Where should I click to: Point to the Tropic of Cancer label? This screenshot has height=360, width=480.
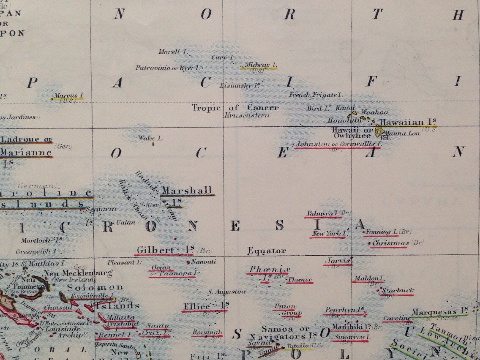(x=235, y=108)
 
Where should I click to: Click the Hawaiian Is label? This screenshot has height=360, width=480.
(x=408, y=122)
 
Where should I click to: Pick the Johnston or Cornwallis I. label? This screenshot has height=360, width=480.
(x=338, y=144)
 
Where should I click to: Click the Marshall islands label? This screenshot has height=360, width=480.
(x=186, y=191)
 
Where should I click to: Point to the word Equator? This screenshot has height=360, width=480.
(x=267, y=251)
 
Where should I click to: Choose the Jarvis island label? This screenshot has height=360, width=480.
(x=338, y=261)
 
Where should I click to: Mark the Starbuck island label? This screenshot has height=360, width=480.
(x=397, y=291)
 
